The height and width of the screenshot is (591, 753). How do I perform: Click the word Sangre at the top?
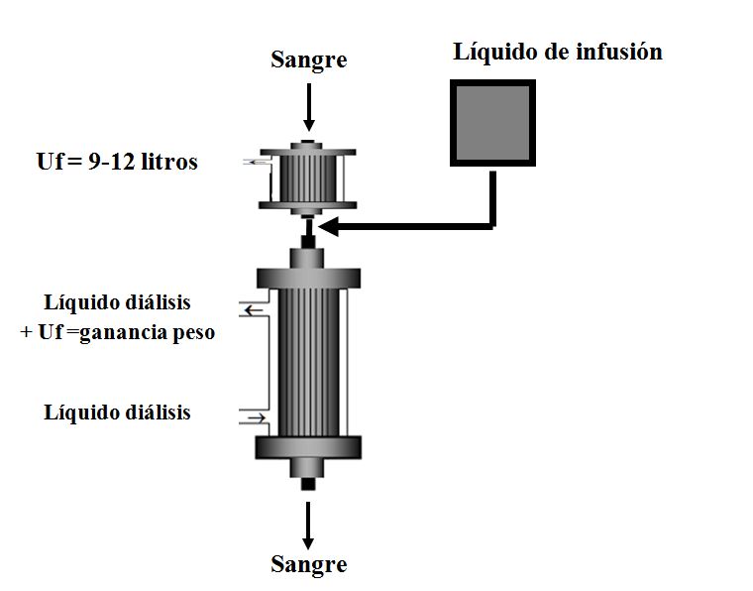coord(309,59)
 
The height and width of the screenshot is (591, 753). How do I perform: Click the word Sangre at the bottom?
coord(309,564)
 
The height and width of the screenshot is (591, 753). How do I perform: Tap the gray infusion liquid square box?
coord(493,121)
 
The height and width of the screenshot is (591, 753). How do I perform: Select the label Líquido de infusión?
coord(558,52)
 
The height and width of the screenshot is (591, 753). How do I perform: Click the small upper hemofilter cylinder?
coord(308,179)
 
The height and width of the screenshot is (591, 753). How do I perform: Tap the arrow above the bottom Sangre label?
coord(309,526)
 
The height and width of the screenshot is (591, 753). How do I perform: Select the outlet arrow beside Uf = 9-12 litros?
coord(255,162)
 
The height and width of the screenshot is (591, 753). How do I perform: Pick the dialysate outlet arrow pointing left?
coord(253,310)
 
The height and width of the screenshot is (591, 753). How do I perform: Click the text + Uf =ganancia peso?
coord(117,332)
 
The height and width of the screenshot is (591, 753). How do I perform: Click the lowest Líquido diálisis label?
coord(117,412)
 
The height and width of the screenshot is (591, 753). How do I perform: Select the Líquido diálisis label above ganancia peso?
coord(117,302)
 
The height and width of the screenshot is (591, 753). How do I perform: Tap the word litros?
coord(167,162)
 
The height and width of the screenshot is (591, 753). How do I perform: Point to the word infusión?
coord(619,52)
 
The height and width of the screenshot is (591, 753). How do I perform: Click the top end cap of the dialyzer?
coord(308,277)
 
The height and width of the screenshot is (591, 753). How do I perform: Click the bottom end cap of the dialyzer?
coord(308,447)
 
